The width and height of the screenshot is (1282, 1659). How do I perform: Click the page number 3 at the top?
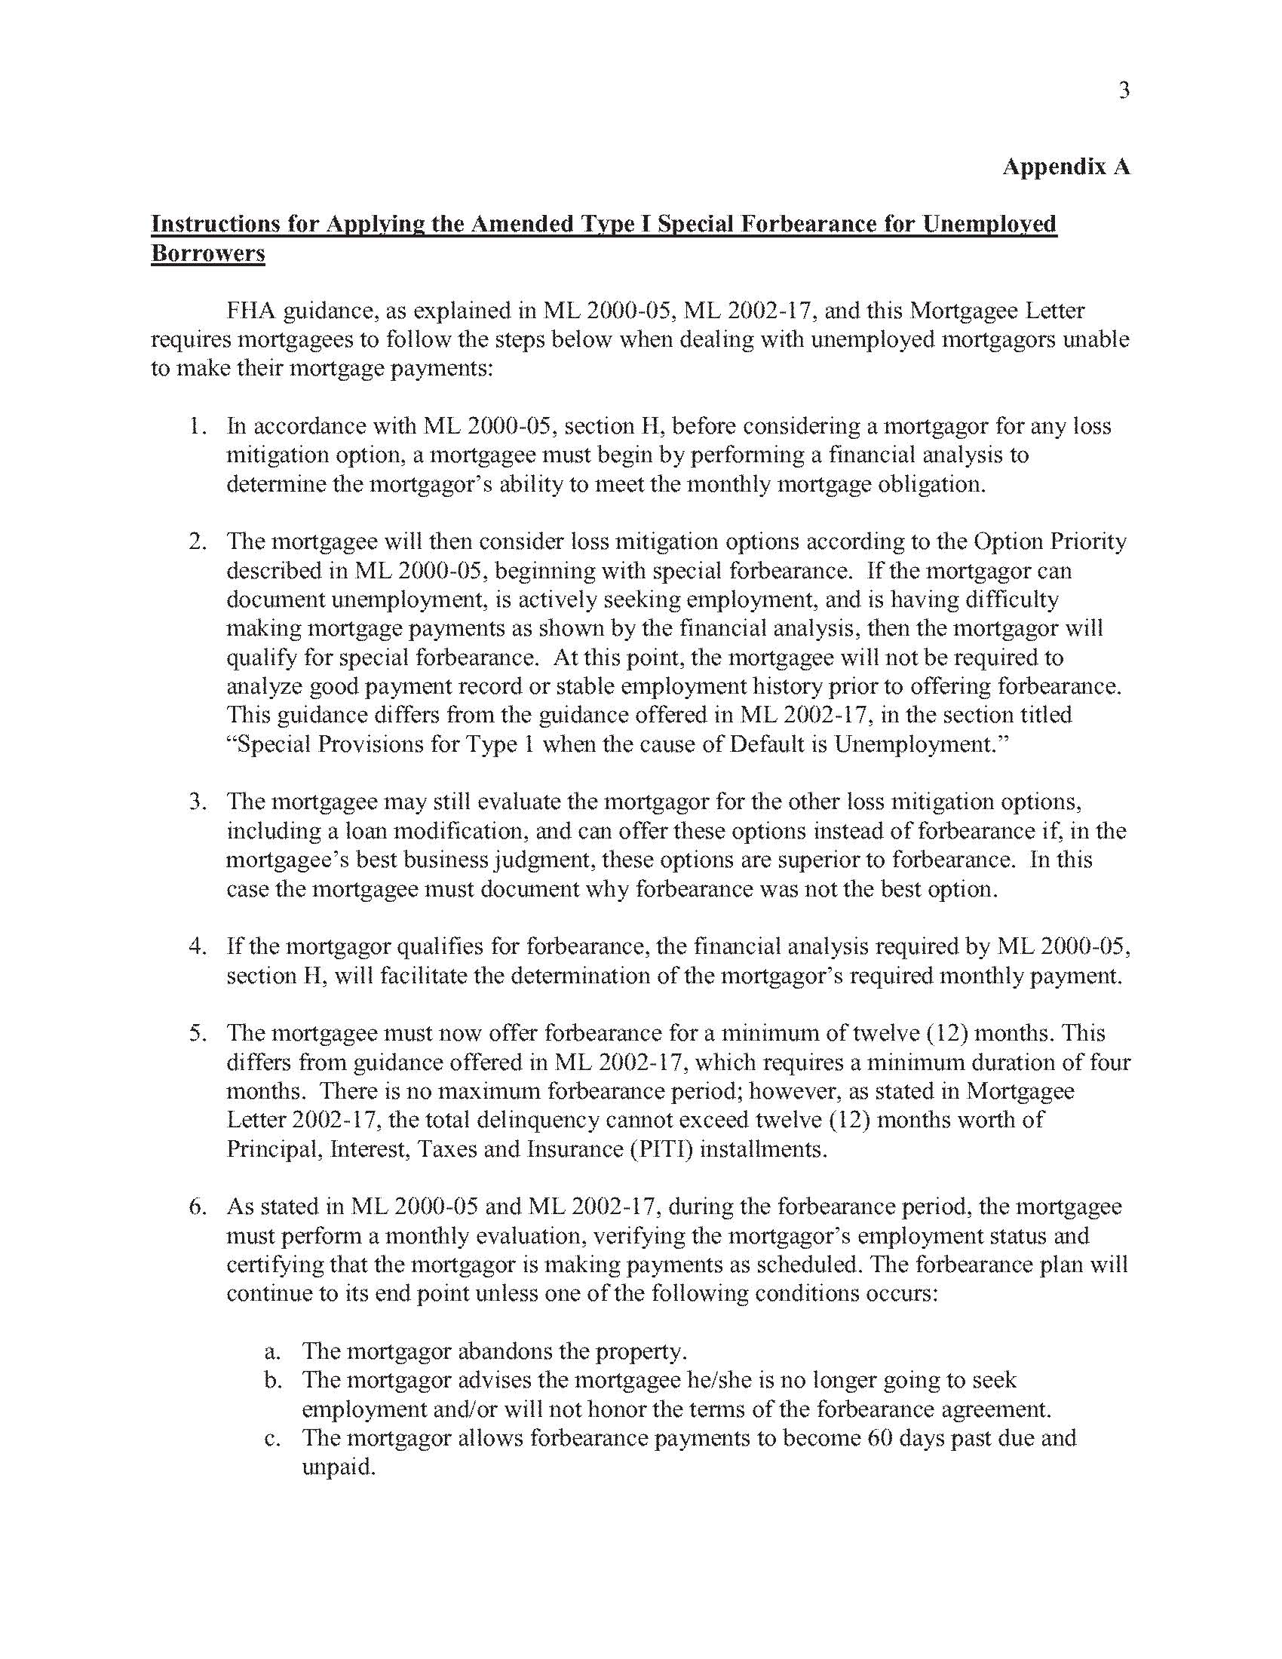click(x=1124, y=91)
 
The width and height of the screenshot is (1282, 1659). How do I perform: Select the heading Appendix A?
click(x=1066, y=167)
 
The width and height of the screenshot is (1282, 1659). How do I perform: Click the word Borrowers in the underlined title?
click(x=208, y=253)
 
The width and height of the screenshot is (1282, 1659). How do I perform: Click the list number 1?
click(x=198, y=426)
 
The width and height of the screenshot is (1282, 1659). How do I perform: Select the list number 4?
click(x=198, y=946)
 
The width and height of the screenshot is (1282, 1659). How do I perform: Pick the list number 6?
click(x=198, y=1207)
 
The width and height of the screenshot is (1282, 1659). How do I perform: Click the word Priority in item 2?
click(x=1088, y=541)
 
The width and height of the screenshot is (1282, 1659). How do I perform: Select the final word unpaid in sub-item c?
click(x=338, y=1467)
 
